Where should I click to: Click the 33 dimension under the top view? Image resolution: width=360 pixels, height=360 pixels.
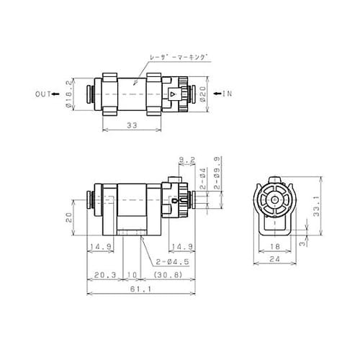[x=132, y=125]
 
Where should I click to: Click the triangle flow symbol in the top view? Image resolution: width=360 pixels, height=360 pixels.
[x=173, y=94]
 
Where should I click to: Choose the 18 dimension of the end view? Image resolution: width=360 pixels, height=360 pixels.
[x=276, y=246]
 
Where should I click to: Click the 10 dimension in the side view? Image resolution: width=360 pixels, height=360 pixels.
[x=130, y=274]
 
